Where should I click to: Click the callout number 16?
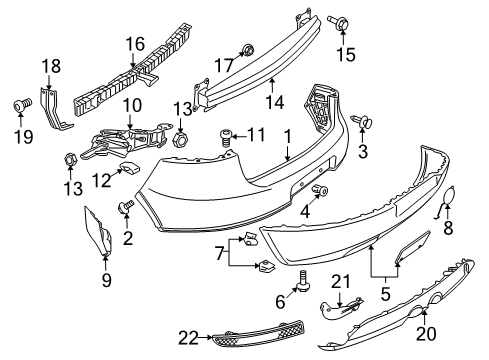[x=135, y=44]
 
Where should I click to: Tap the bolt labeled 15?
[x=338, y=22]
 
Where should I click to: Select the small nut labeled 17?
[x=248, y=50]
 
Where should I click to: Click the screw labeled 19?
[x=22, y=105]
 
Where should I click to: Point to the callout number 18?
[x=51, y=66]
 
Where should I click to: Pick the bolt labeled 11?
[x=225, y=138]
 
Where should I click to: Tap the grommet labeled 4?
[x=320, y=190]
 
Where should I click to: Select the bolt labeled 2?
[x=125, y=206]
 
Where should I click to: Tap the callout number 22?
[x=188, y=338]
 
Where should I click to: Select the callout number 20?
[x=425, y=334]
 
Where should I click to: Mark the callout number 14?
[x=275, y=102]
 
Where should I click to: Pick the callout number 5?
[x=385, y=295]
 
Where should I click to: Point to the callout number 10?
[x=132, y=106]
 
